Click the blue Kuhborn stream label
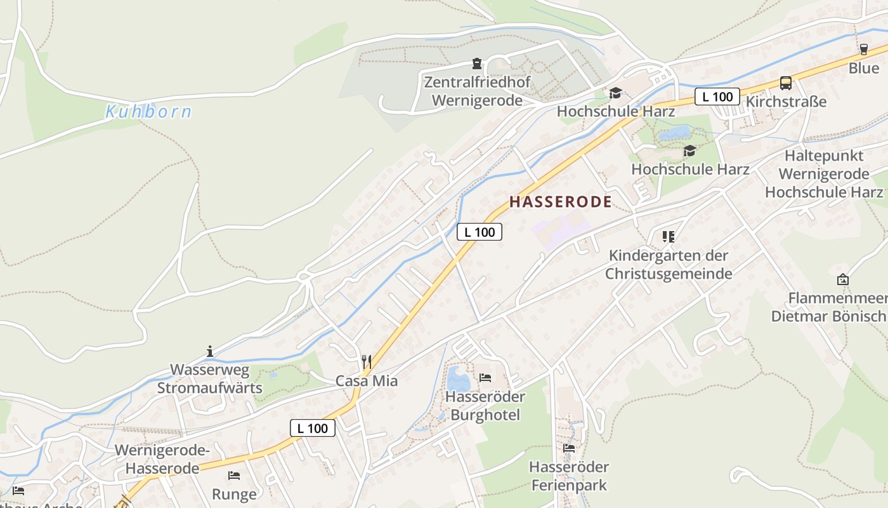(x=148, y=112)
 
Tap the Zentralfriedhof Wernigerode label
(x=477, y=91)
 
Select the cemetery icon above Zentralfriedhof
(x=476, y=63)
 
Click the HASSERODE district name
(x=561, y=202)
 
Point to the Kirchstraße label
(x=787, y=102)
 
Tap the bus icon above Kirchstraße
(x=785, y=83)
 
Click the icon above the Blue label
(x=863, y=50)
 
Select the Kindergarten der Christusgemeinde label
(x=669, y=264)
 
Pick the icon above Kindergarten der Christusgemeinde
(x=668, y=237)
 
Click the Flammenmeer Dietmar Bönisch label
(x=829, y=307)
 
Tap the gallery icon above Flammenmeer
(x=842, y=279)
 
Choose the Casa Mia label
(x=367, y=381)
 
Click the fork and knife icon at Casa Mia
(x=367, y=362)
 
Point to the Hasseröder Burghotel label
(x=485, y=406)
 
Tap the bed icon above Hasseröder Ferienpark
(x=569, y=448)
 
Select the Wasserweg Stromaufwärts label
(x=210, y=379)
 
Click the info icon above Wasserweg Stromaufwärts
(x=210, y=351)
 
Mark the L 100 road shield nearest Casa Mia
(x=313, y=428)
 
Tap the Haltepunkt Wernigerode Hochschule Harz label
(x=824, y=174)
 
